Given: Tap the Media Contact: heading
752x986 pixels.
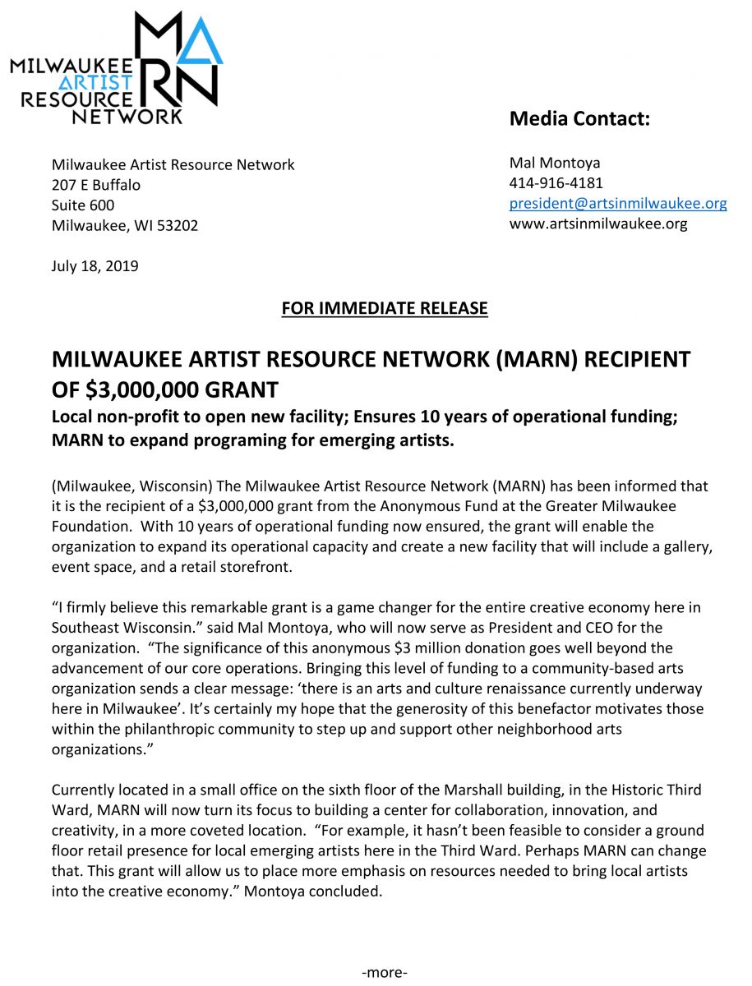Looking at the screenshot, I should [x=579, y=118].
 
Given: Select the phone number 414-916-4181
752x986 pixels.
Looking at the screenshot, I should [x=556, y=182].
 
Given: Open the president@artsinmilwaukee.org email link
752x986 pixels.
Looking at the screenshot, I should [x=618, y=203].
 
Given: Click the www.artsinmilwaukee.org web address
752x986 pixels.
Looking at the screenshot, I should [x=598, y=223].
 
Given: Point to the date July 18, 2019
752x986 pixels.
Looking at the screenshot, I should [x=95, y=266].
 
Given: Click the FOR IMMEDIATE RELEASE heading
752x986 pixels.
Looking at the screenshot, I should [x=384, y=308].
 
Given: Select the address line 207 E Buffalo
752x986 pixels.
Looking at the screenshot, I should [x=96, y=185].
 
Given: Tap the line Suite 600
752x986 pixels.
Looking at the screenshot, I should [x=83, y=205].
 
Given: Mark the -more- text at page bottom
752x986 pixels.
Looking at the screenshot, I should [x=385, y=973].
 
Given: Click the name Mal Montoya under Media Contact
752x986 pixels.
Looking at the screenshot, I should [x=555, y=163].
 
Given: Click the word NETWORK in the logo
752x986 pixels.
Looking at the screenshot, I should [x=127, y=117].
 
